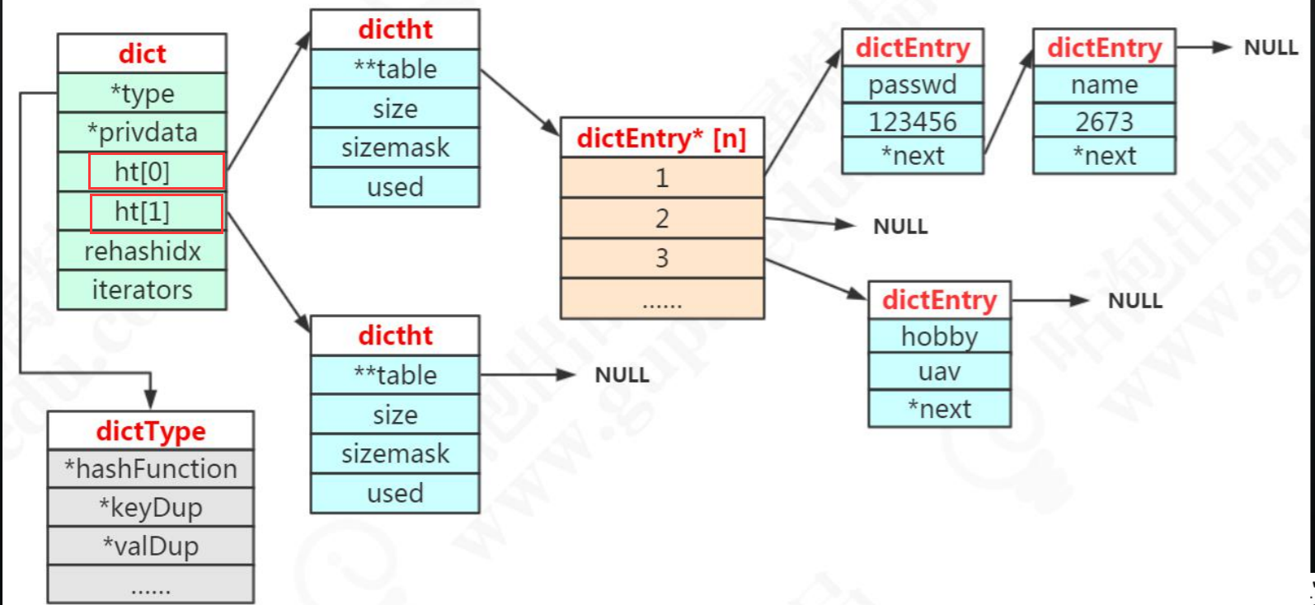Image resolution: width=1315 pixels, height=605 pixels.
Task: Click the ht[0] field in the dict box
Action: [142, 171]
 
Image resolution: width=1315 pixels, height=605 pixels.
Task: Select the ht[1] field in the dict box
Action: [142, 211]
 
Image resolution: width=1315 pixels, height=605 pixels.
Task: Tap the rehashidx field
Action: [142, 251]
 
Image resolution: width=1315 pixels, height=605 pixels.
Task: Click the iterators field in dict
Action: [142, 290]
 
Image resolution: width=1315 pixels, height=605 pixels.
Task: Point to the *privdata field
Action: [142, 132]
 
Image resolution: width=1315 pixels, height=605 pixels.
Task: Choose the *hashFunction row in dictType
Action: [151, 469]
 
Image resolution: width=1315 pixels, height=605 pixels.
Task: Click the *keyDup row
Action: [151, 508]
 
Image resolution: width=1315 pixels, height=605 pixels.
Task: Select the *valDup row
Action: [151, 546]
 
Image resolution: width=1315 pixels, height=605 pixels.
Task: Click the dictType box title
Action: [151, 431]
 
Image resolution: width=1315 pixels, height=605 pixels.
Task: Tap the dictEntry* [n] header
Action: [662, 138]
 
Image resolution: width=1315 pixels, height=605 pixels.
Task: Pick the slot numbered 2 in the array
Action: [662, 218]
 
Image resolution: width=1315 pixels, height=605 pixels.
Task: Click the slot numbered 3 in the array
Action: [662, 258]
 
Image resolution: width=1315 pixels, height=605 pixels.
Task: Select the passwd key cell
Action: [913, 85]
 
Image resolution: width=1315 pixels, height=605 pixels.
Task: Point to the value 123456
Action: [913, 121]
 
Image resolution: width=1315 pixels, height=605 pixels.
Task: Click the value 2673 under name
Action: [1104, 121]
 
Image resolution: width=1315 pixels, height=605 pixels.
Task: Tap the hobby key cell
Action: [939, 336]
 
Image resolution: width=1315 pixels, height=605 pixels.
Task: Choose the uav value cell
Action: [939, 372]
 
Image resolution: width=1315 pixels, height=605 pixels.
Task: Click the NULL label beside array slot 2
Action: [900, 227]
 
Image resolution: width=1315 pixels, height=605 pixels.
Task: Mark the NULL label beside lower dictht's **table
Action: [622, 375]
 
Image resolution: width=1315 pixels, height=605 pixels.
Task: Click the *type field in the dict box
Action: [142, 93]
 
